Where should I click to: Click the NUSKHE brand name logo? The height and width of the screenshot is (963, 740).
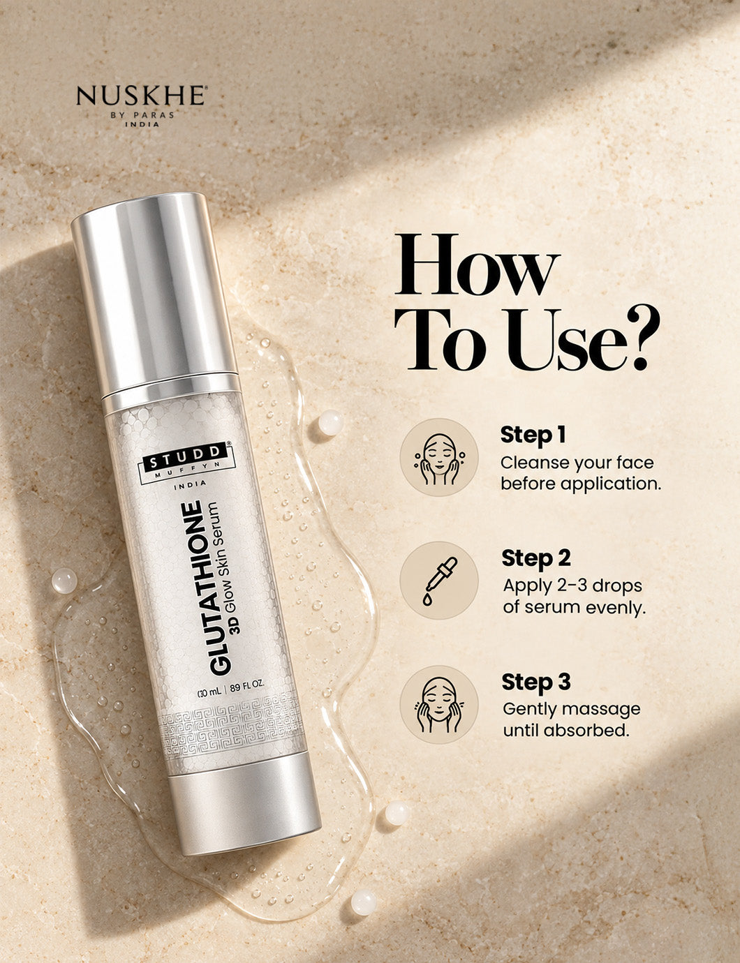click(140, 96)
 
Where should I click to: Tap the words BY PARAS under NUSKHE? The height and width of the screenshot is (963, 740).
click(142, 115)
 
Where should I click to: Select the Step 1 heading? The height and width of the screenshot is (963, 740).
click(533, 435)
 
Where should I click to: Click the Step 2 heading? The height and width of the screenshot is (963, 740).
click(535, 558)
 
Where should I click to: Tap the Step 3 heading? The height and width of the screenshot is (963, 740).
click(535, 682)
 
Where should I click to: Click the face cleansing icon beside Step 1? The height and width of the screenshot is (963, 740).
click(439, 457)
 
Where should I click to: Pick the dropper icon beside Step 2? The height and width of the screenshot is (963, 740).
click(439, 580)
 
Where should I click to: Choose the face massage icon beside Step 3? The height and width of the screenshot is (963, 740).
click(439, 704)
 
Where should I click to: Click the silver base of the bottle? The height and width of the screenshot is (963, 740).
click(244, 826)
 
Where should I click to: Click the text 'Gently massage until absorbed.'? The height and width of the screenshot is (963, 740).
click(571, 719)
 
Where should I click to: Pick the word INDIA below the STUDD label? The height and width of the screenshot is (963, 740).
click(190, 484)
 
